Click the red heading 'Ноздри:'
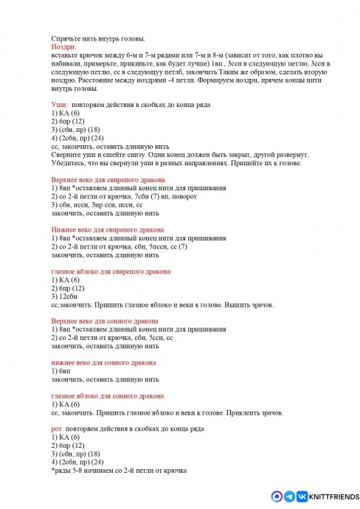63,46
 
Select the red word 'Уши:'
60,105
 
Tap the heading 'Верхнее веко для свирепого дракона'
108,180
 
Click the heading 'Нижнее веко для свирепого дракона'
107,230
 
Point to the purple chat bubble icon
277,496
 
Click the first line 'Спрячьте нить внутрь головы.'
98,38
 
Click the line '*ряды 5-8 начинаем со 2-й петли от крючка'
119,470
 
